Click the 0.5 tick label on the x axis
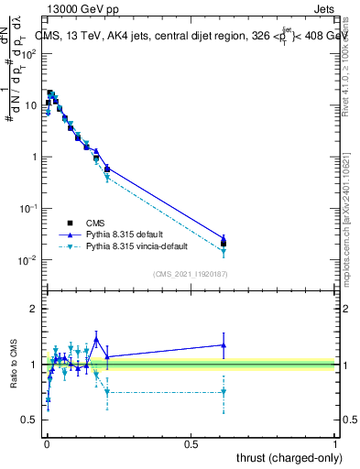tap(191, 442)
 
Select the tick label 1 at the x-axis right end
tap(336, 442)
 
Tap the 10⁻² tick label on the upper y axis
tap(27, 260)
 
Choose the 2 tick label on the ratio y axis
tap(34, 309)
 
